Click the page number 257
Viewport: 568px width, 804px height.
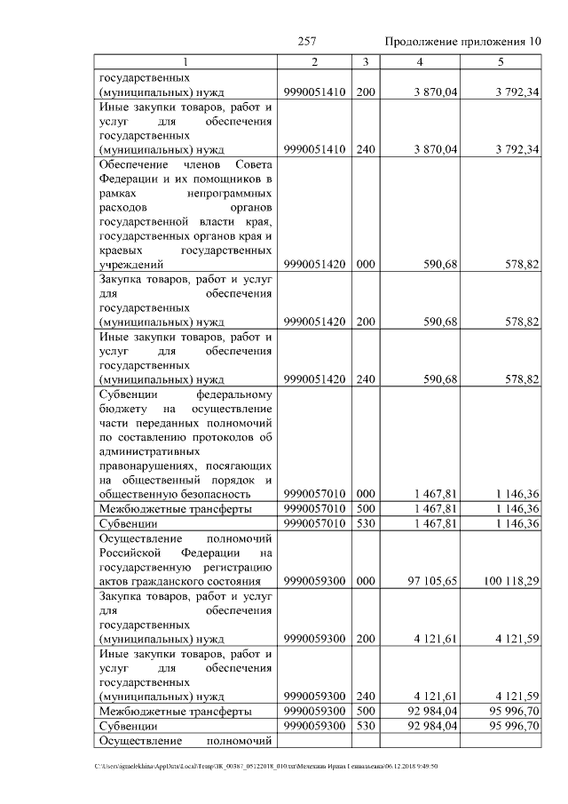click(x=308, y=42)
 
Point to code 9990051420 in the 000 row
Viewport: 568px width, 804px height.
click(x=315, y=264)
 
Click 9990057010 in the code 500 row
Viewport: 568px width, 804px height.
click(x=315, y=509)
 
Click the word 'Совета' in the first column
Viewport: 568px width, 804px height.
click(x=254, y=164)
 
